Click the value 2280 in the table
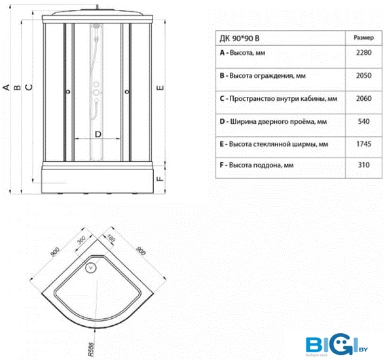pyautogui.click(x=363, y=52)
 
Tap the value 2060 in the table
pyautogui.click(x=363, y=98)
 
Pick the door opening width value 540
pyautogui.click(x=363, y=122)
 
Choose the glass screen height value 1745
pyautogui.click(x=363, y=144)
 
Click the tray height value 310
pyautogui.click(x=363, y=165)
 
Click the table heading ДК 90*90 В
pyautogui.click(x=240, y=39)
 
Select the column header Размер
pyautogui.click(x=363, y=38)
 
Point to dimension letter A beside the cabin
pyautogui.click(x=6, y=87)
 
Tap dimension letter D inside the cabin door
pyautogui.click(x=98, y=134)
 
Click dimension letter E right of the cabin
pyautogui.click(x=160, y=88)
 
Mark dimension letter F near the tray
pyautogui.click(x=160, y=179)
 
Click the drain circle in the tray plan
pyautogui.click(x=90, y=268)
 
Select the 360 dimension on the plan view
pyautogui.click(x=81, y=240)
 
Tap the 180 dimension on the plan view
pyautogui.click(x=111, y=238)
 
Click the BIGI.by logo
pyautogui.click(x=337, y=344)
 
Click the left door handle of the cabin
pyautogui.click(x=68, y=92)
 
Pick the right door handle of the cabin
pyautogui.click(x=127, y=92)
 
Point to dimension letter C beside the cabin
pyautogui.click(x=29, y=87)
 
